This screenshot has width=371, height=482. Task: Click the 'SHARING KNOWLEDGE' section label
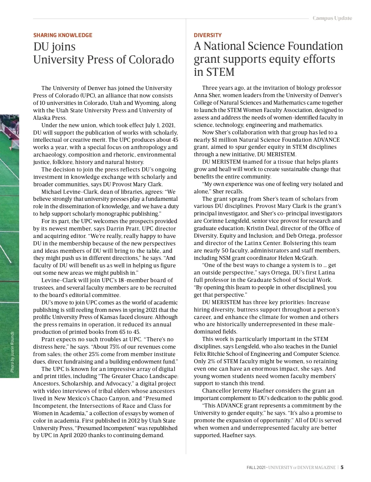[63, 35]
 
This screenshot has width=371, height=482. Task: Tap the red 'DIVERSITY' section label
[207, 35]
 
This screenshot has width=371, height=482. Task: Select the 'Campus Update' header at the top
[332, 18]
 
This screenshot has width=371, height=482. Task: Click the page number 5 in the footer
[342, 467]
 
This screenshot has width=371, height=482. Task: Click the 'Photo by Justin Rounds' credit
[12, 352]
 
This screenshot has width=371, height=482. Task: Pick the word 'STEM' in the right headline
[219, 72]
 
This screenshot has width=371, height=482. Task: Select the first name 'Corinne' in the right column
[213, 221]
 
